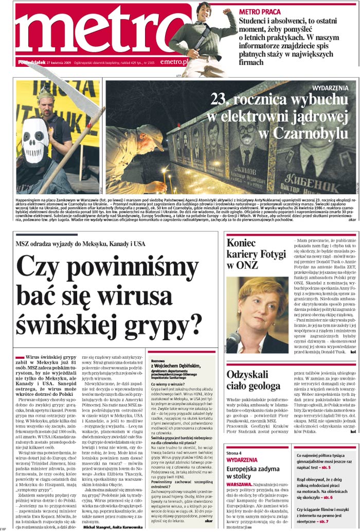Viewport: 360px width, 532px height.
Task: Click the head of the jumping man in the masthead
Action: pos(204,10)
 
